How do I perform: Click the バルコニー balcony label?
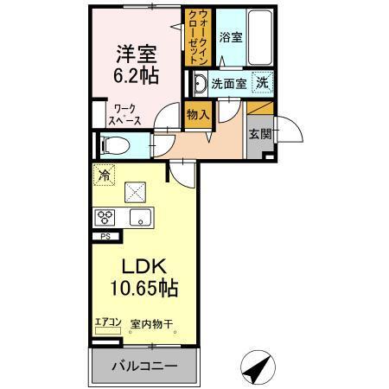tap(144, 367)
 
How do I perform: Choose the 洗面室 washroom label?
tap(229, 86)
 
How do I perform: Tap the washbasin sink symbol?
tap(198, 85)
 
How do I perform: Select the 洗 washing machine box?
tap(260, 85)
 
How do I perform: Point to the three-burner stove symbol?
tap(105, 217)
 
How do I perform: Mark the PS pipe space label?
tap(105, 235)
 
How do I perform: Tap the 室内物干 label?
tap(152, 324)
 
